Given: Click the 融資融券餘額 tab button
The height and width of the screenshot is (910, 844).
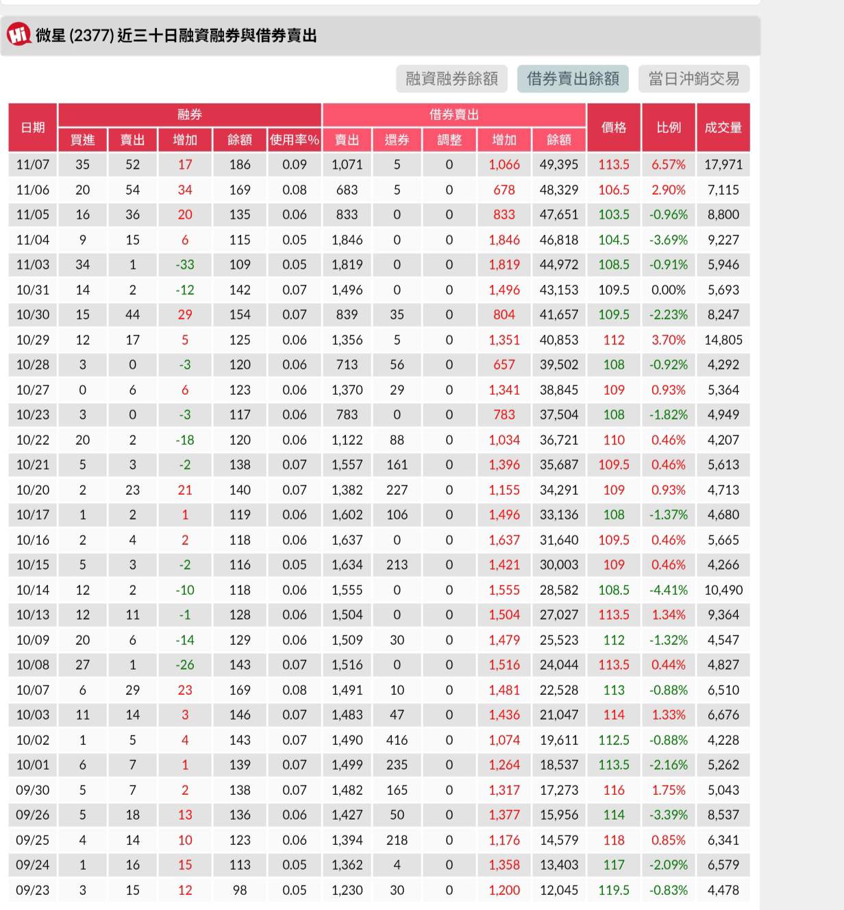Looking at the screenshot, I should point(451,79).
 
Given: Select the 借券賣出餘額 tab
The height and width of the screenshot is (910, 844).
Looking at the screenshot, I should point(573,79).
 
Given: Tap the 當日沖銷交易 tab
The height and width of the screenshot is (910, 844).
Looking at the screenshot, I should point(693,79).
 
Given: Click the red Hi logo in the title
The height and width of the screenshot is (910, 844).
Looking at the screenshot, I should point(18,34).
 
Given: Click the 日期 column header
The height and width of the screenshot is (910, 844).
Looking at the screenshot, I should point(33,127).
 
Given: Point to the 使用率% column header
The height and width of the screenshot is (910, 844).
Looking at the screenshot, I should point(294,140).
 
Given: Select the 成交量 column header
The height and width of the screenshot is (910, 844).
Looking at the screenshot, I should point(723,127).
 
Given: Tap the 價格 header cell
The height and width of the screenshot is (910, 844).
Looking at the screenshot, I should point(613,127).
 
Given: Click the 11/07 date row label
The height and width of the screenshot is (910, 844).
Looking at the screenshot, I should point(33,164).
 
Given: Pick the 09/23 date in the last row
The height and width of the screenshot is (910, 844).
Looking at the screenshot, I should point(33,890).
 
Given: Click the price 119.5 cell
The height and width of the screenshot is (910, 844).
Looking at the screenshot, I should point(613,890).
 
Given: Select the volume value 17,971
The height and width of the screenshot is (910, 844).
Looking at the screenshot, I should point(723,164).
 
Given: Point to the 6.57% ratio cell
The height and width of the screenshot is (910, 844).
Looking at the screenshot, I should point(668,164).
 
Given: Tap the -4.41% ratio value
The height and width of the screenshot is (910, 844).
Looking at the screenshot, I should point(668,590).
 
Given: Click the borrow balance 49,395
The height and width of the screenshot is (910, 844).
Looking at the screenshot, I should point(558,164).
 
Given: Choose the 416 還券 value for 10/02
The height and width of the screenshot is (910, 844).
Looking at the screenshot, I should point(397,740).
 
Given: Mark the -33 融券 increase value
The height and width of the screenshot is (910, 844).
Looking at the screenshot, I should point(185,265).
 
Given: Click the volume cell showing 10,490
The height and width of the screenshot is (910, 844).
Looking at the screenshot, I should point(723,590).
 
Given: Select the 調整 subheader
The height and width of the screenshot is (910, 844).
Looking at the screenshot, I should point(449,140).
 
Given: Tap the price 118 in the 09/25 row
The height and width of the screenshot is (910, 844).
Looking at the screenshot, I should point(613,840).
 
